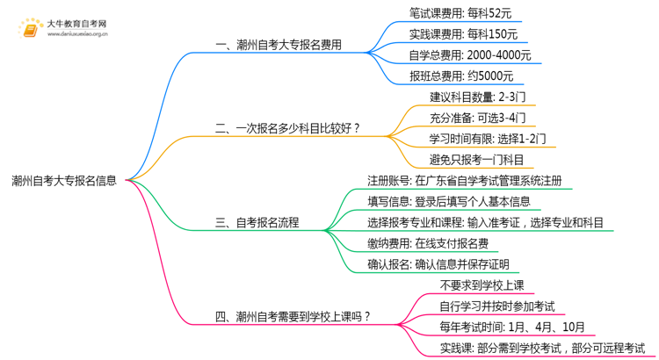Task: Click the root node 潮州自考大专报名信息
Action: click(x=64, y=181)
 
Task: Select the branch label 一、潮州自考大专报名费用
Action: click(x=279, y=45)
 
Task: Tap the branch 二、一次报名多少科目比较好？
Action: click(x=287, y=128)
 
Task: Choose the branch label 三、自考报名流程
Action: click(x=257, y=222)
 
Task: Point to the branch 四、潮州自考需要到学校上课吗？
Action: click(x=293, y=316)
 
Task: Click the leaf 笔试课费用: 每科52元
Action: click(x=460, y=13)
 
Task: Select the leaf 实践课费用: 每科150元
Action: click(x=463, y=34)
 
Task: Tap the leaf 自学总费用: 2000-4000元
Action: click(x=470, y=55)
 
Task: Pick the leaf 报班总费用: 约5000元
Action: click(x=461, y=76)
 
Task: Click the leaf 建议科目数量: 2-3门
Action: click(x=477, y=97)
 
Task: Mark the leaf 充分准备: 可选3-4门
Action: click(x=477, y=118)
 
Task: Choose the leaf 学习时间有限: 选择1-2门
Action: click(x=488, y=139)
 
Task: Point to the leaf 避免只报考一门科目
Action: click(x=476, y=160)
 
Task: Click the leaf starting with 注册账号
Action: click(x=465, y=181)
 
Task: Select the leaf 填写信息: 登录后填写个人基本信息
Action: click(x=449, y=202)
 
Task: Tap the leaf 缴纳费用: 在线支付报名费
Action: click(x=428, y=243)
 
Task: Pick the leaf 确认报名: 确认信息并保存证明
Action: click(x=438, y=264)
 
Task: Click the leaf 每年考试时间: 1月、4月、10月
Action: click(x=512, y=327)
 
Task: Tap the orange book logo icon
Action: click(x=30, y=28)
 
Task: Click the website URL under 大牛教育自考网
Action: click(x=77, y=34)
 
